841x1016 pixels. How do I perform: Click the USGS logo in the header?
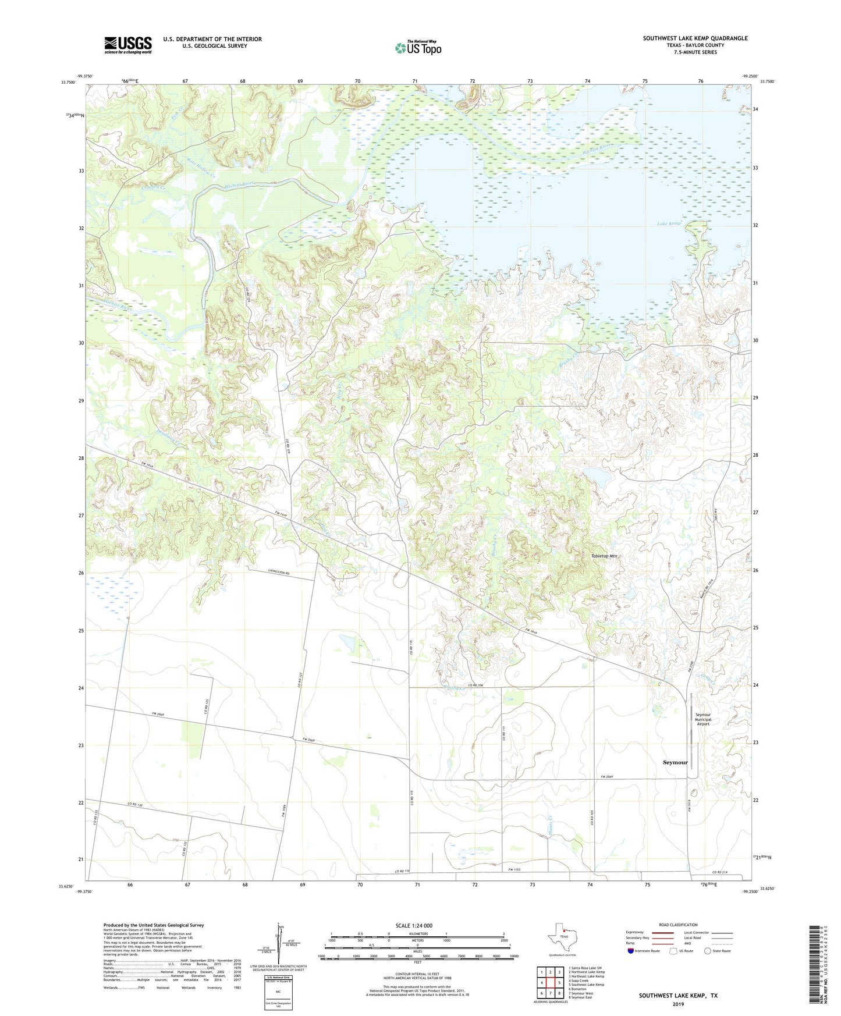coord(128,45)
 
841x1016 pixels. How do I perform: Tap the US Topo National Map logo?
coord(418,48)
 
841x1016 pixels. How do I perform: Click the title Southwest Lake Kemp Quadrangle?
coord(695,38)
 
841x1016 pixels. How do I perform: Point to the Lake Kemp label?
coord(669,223)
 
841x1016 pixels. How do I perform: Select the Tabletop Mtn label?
coord(604,556)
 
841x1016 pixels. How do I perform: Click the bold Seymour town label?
coord(675,762)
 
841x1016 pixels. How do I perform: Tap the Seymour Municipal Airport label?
coord(702,719)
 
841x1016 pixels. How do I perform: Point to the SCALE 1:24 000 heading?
coord(414,925)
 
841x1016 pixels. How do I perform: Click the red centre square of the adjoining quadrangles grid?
coord(550,983)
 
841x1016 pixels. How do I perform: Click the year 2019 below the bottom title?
coord(678,1004)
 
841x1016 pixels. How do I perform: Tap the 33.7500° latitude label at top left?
coord(68,83)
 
